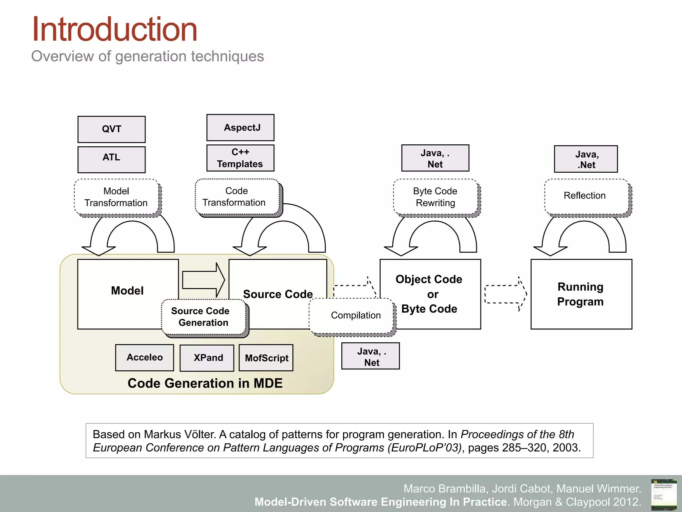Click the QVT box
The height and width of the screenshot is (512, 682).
tap(111, 129)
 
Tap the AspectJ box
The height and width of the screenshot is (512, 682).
tap(240, 128)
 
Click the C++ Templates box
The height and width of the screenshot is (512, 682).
tap(240, 158)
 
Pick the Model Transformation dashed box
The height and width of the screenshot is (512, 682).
tap(116, 197)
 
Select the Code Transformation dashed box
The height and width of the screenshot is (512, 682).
tap(237, 197)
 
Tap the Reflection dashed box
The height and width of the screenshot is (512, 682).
tap(586, 196)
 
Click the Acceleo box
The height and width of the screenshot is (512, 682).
tap(145, 358)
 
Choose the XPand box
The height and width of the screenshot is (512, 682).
tap(207, 358)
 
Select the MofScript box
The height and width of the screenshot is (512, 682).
tap(266, 358)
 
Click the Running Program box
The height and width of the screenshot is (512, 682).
tap(581, 294)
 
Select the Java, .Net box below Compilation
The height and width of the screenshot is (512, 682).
tap(370, 356)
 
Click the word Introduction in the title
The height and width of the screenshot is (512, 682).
tap(115, 30)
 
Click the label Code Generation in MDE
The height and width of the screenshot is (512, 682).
tap(205, 383)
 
